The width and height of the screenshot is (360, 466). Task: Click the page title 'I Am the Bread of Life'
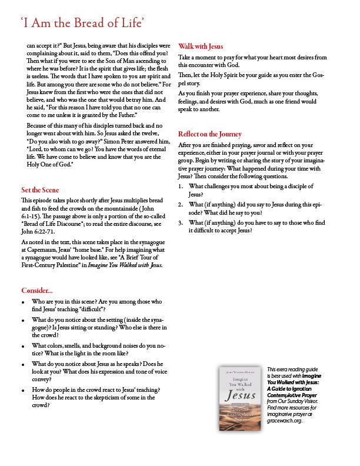click(x=82, y=23)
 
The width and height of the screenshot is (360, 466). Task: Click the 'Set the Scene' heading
click(x=39, y=189)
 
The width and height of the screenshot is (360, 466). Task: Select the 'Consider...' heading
click(x=37, y=291)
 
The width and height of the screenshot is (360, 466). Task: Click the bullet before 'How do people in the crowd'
click(x=23, y=391)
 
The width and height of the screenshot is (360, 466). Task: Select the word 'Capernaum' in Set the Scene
click(x=38, y=249)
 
